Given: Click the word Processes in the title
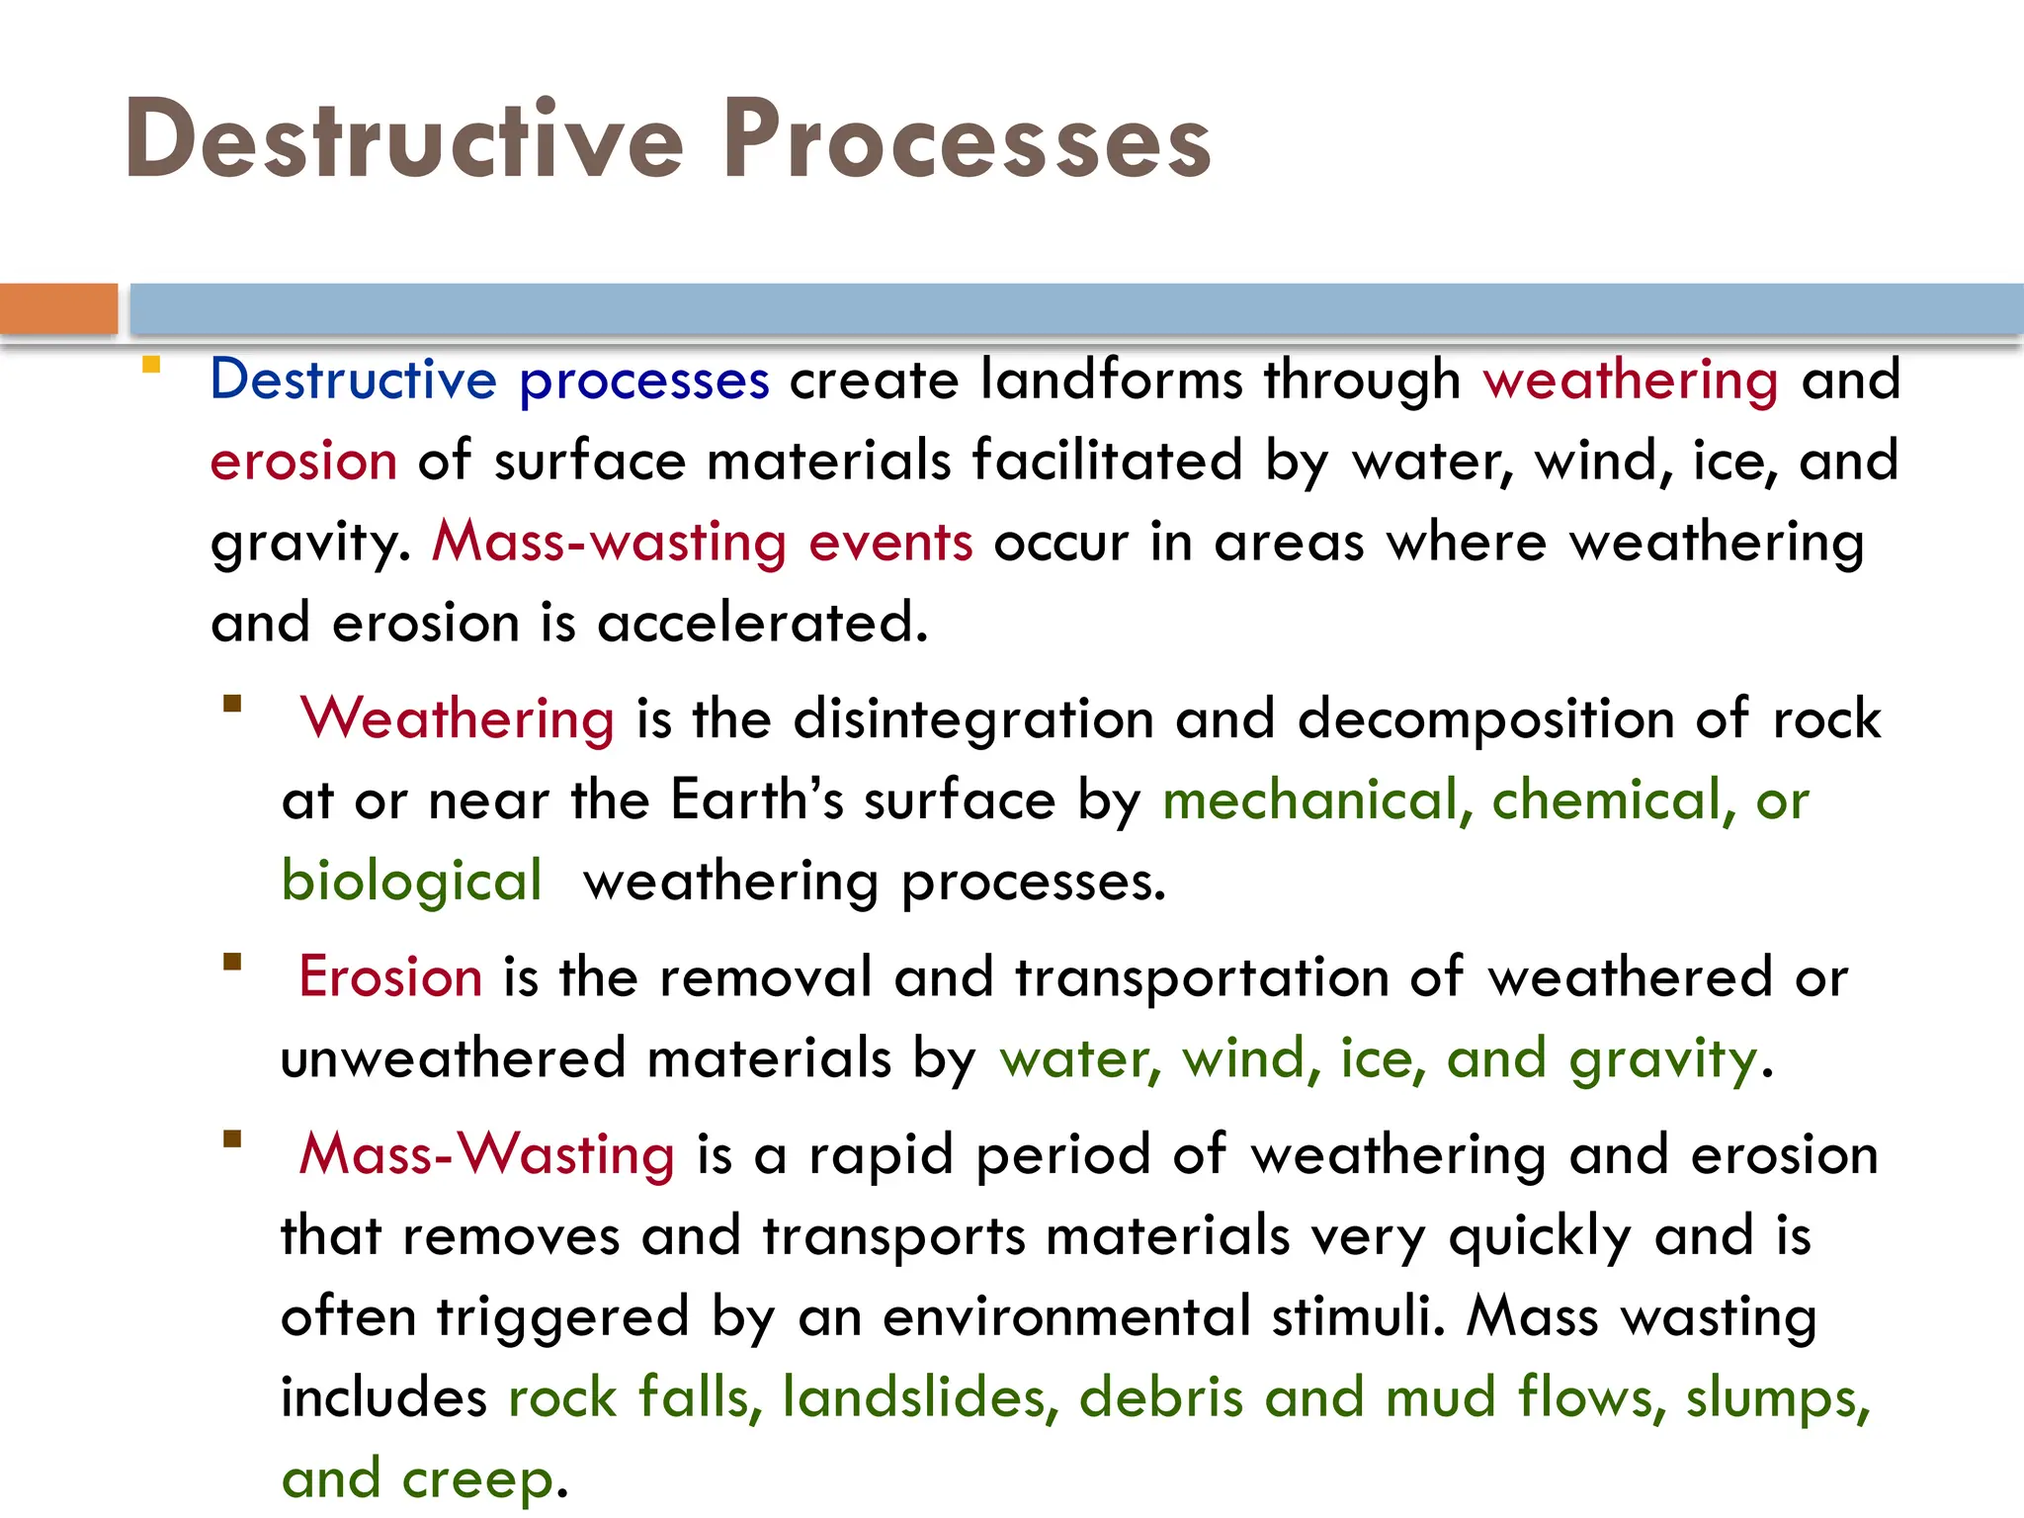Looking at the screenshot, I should coord(967,140).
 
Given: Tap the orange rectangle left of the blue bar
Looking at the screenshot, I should coord(58,308).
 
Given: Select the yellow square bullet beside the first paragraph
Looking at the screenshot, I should coord(151,366).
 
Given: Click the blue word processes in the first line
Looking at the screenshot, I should coord(643,380).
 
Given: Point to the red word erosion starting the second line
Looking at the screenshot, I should coord(303,462).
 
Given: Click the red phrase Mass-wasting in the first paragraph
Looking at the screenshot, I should coord(609,543).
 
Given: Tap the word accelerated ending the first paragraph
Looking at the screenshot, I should coord(762,624).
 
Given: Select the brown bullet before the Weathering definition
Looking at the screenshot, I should coord(233,704).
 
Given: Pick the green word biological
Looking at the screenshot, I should coord(411,881).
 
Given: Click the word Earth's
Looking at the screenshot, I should coord(757,800).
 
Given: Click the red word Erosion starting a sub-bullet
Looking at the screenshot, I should coord(390,977).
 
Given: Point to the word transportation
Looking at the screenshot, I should coord(1202,977).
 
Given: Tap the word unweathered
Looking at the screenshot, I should coord(453,1058).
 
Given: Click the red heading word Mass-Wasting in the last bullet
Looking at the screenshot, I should coord(487,1154).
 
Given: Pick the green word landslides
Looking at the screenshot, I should coord(920,1398).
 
